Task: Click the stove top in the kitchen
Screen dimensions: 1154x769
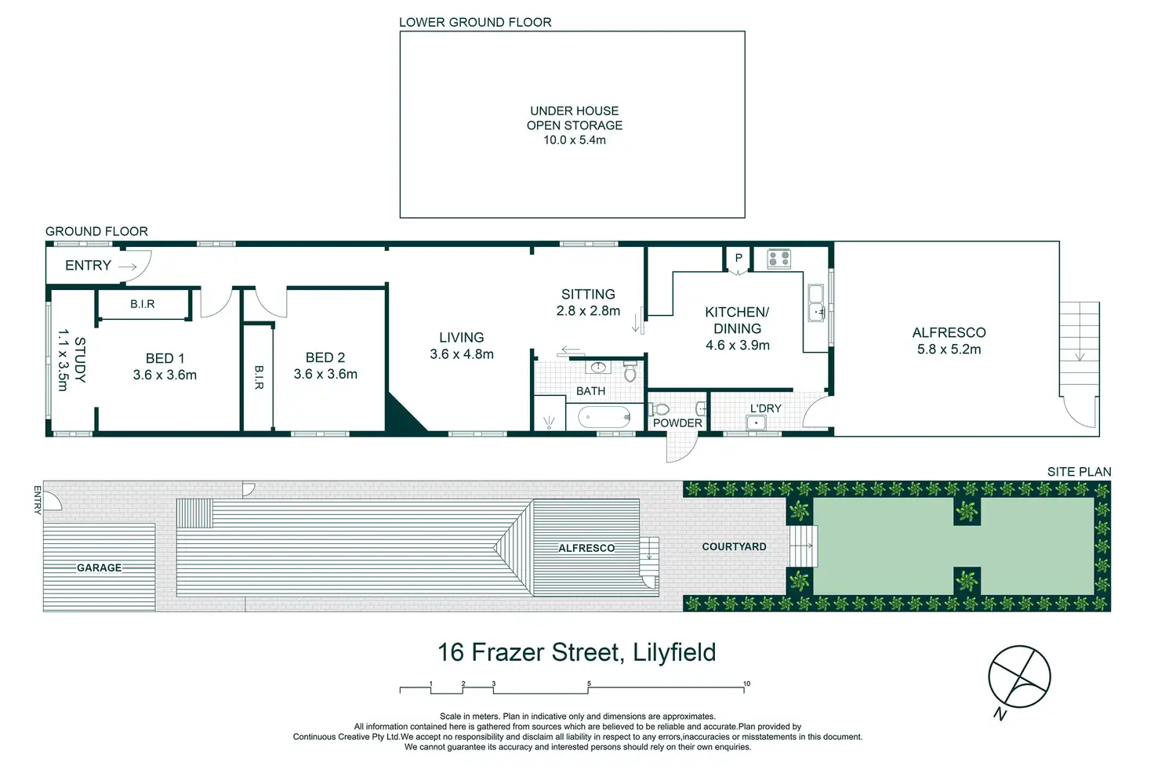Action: click(779, 259)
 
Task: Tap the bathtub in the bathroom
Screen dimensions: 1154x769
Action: click(604, 417)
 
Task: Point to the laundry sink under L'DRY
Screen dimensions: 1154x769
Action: click(756, 423)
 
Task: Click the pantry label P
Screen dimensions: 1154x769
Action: click(738, 258)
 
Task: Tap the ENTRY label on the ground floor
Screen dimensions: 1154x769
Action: click(88, 265)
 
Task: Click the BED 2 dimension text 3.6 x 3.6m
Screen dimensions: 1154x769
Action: click(325, 374)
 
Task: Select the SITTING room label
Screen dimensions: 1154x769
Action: click(588, 294)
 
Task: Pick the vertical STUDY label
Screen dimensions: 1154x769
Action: click(80, 360)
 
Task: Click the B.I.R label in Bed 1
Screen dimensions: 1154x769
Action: click(142, 304)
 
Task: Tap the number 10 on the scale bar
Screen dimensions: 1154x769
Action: click(746, 684)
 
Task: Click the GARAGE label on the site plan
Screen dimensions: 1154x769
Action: click(99, 568)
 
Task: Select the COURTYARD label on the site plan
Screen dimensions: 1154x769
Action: click(734, 546)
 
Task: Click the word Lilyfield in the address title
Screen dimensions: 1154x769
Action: click(674, 653)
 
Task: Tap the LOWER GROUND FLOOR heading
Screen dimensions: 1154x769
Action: click(475, 22)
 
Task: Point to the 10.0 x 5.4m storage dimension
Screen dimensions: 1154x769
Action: click(575, 140)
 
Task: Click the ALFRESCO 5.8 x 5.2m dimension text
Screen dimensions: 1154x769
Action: click(949, 349)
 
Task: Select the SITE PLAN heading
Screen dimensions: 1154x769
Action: click(1079, 472)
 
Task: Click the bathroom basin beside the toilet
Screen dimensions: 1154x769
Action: click(598, 367)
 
